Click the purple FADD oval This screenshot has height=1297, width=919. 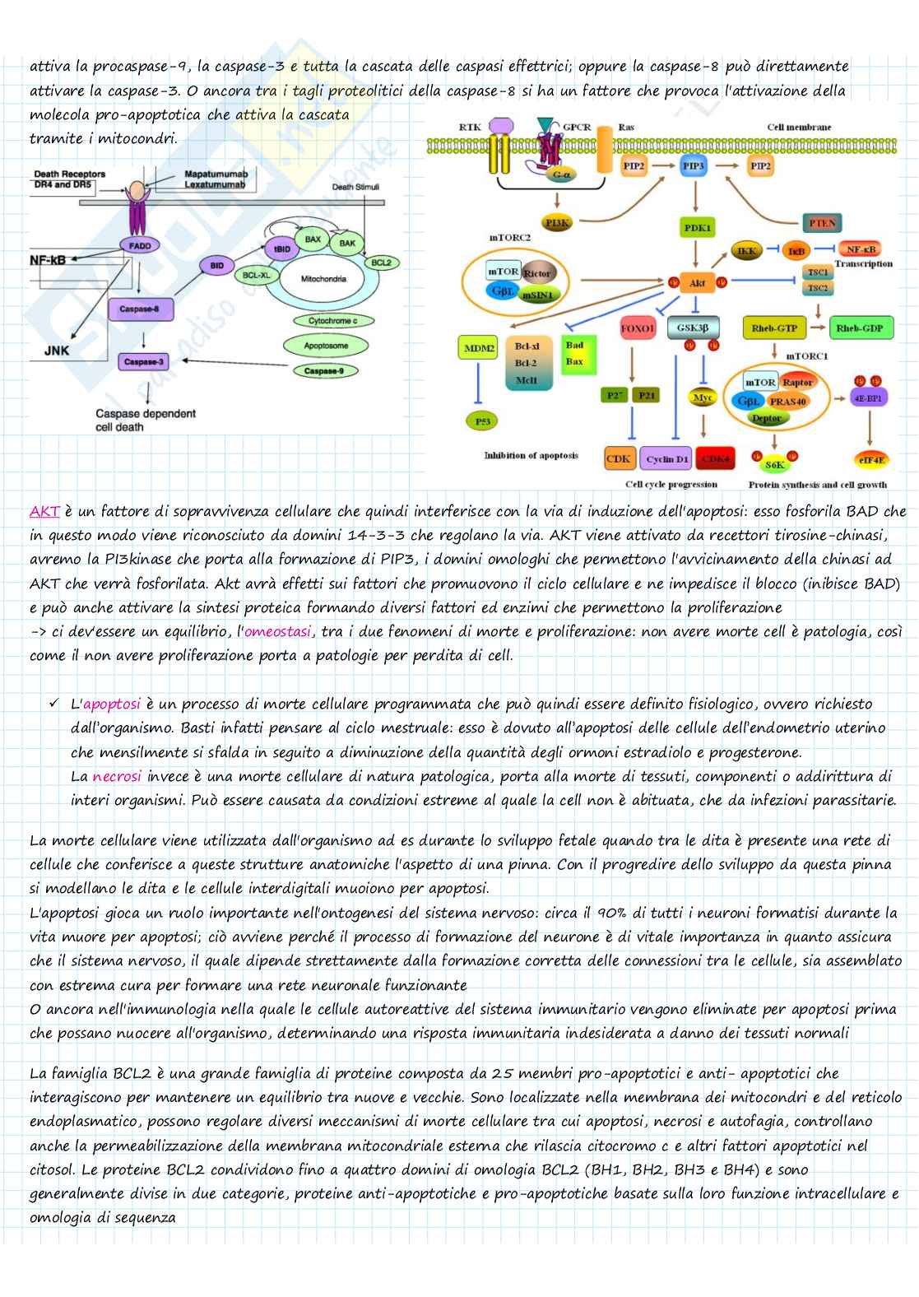(140, 245)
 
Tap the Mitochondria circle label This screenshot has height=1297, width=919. (323, 279)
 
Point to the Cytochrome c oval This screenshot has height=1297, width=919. (332, 321)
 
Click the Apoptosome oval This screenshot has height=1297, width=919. (326, 346)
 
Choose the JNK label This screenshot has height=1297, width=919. (57, 351)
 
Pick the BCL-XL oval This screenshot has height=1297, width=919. (257, 275)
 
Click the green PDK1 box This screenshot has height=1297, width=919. (697, 228)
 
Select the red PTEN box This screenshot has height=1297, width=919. (822, 223)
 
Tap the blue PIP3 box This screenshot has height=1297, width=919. (694, 166)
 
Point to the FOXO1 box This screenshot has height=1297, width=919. (638, 328)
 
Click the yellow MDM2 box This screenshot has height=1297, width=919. (479, 348)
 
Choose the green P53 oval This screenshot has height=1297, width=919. (483, 421)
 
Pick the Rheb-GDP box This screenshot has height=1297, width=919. (859, 328)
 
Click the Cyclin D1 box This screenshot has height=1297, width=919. (666, 459)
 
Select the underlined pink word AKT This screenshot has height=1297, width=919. (44, 512)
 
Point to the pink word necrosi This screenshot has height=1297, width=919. (117, 776)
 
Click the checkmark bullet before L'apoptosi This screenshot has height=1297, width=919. (54, 704)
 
